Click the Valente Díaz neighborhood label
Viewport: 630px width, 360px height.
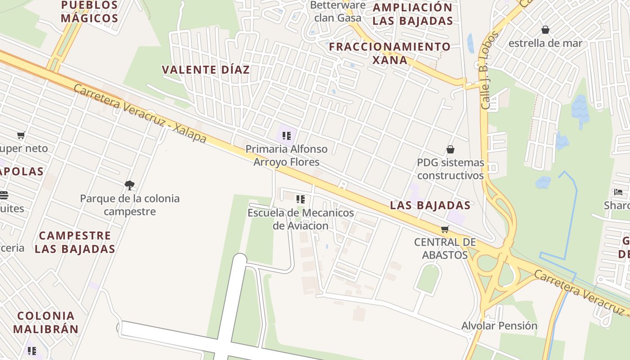tap(205, 70)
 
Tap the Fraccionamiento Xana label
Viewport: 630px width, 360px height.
tap(390, 53)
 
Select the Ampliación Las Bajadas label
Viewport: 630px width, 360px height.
tap(413, 14)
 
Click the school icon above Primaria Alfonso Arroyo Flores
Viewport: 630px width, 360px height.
tap(287, 135)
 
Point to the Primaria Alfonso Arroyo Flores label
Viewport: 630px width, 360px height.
tap(287, 155)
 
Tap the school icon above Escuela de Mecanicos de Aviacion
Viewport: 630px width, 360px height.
tap(300, 199)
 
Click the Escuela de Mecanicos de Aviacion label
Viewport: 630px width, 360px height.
tap(301, 219)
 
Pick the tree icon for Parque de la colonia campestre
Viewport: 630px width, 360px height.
tap(130, 185)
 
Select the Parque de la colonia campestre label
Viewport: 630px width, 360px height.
tap(130, 205)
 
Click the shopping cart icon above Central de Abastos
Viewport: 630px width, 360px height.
tap(445, 229)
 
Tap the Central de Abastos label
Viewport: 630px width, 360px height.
tap(445, 248)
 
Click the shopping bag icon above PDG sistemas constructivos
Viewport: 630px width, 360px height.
tap(450, 149)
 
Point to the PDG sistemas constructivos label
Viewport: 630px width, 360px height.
tap(450, 169)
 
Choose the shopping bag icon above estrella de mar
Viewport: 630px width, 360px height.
tap(545, 30)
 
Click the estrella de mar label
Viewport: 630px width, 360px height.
tap(545, 43)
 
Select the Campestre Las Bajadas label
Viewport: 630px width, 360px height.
tap(75, 242)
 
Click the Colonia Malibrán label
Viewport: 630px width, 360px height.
tap(46, 322)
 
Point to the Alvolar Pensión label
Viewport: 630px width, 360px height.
tap(499, 325)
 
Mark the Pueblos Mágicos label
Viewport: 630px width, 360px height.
tap(89, 12)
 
